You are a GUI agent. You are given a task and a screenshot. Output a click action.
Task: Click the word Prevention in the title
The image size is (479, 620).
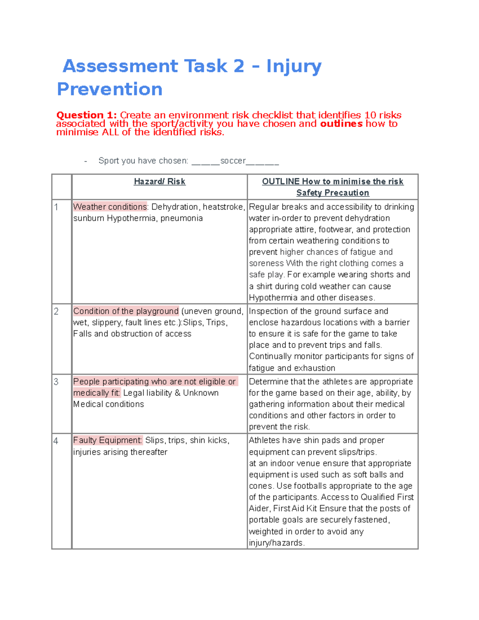point(110,89)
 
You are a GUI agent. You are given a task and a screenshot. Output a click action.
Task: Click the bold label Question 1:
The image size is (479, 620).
point(86,115)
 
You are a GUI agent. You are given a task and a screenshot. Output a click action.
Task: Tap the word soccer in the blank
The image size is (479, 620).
point(233,161)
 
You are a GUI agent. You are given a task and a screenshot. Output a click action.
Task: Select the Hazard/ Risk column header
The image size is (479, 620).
point(159,182)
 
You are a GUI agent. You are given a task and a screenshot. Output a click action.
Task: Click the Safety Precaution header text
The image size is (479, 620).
point(333,193)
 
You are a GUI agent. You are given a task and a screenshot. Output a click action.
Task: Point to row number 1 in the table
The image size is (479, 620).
point(56,207)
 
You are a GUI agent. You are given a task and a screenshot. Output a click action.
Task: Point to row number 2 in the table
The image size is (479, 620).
point(56,311)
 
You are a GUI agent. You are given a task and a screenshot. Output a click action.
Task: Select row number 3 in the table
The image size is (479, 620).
point(56,382)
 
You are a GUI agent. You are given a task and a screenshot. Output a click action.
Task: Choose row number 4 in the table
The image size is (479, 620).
point(56,441)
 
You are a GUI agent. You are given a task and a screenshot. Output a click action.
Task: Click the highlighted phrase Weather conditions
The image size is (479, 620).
point(110,207)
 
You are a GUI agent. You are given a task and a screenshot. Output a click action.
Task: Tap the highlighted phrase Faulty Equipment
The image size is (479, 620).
point(107,440)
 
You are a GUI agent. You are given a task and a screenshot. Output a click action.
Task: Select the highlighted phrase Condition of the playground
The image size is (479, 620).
point(126,311)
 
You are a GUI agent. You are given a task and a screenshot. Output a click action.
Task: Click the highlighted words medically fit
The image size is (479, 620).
point(96,393)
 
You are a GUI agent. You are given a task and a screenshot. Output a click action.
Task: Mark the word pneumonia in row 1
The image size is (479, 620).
point(182,218)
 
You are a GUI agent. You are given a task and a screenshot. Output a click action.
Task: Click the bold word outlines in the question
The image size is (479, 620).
point(341,124)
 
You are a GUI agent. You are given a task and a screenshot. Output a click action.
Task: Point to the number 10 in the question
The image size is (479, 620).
point(370,115)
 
